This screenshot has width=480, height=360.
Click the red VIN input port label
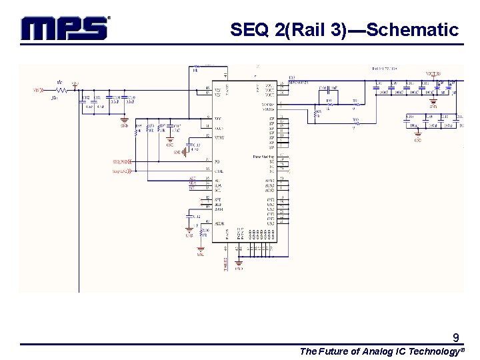37,89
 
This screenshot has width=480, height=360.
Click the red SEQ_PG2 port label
121,161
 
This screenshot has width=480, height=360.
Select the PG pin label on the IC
217,161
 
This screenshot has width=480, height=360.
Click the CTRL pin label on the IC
219,170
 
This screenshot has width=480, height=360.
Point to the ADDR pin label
219,223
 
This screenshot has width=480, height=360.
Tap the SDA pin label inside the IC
217,185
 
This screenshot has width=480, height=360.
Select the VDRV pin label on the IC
219,136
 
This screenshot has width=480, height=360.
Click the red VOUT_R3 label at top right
433,74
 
